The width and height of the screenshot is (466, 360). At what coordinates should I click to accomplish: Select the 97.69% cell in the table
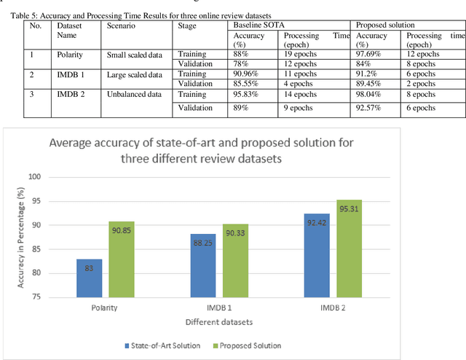(370, 54)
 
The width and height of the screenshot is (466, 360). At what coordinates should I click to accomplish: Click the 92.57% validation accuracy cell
(370, 108)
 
